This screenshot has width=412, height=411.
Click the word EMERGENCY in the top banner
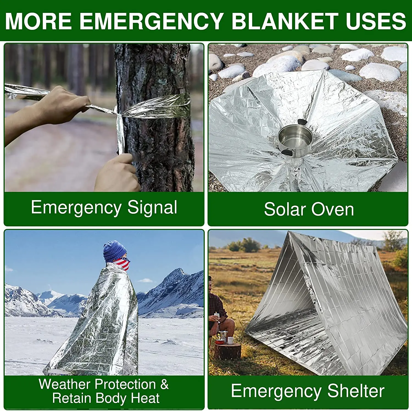(151, 21)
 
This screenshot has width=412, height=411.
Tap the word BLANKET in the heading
(285, 21)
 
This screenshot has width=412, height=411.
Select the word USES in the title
(376, 21)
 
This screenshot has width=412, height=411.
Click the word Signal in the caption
(152, 208)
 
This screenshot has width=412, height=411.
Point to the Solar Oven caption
(309, 209)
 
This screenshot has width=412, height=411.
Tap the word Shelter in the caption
(356, 391)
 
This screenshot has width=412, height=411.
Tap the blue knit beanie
(115, 250)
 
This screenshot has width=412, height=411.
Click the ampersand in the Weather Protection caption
(164, 384)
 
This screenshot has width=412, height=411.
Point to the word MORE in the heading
(38, 21)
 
